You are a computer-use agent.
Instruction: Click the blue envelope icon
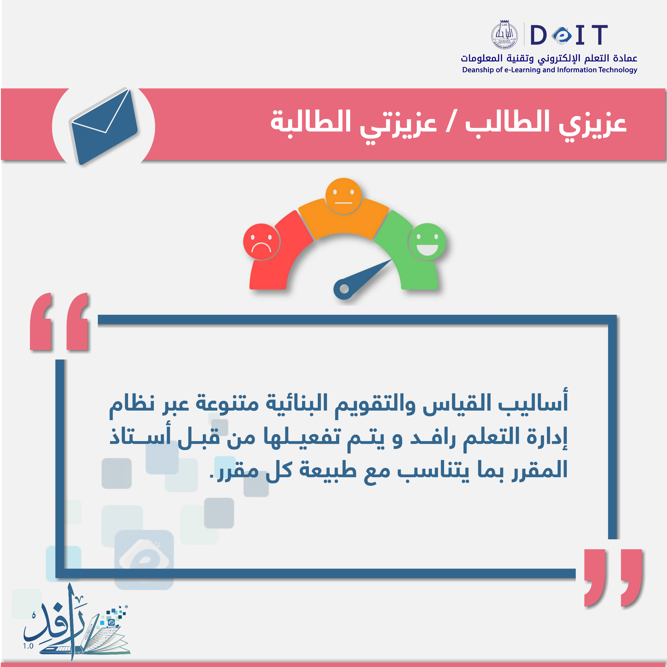pos(104,127)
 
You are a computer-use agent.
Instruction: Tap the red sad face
pos(261,242)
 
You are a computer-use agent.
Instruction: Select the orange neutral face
pos(343,196)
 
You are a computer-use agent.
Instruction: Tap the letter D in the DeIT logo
pos(539,35)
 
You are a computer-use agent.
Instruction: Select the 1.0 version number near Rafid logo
pos(28,646)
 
